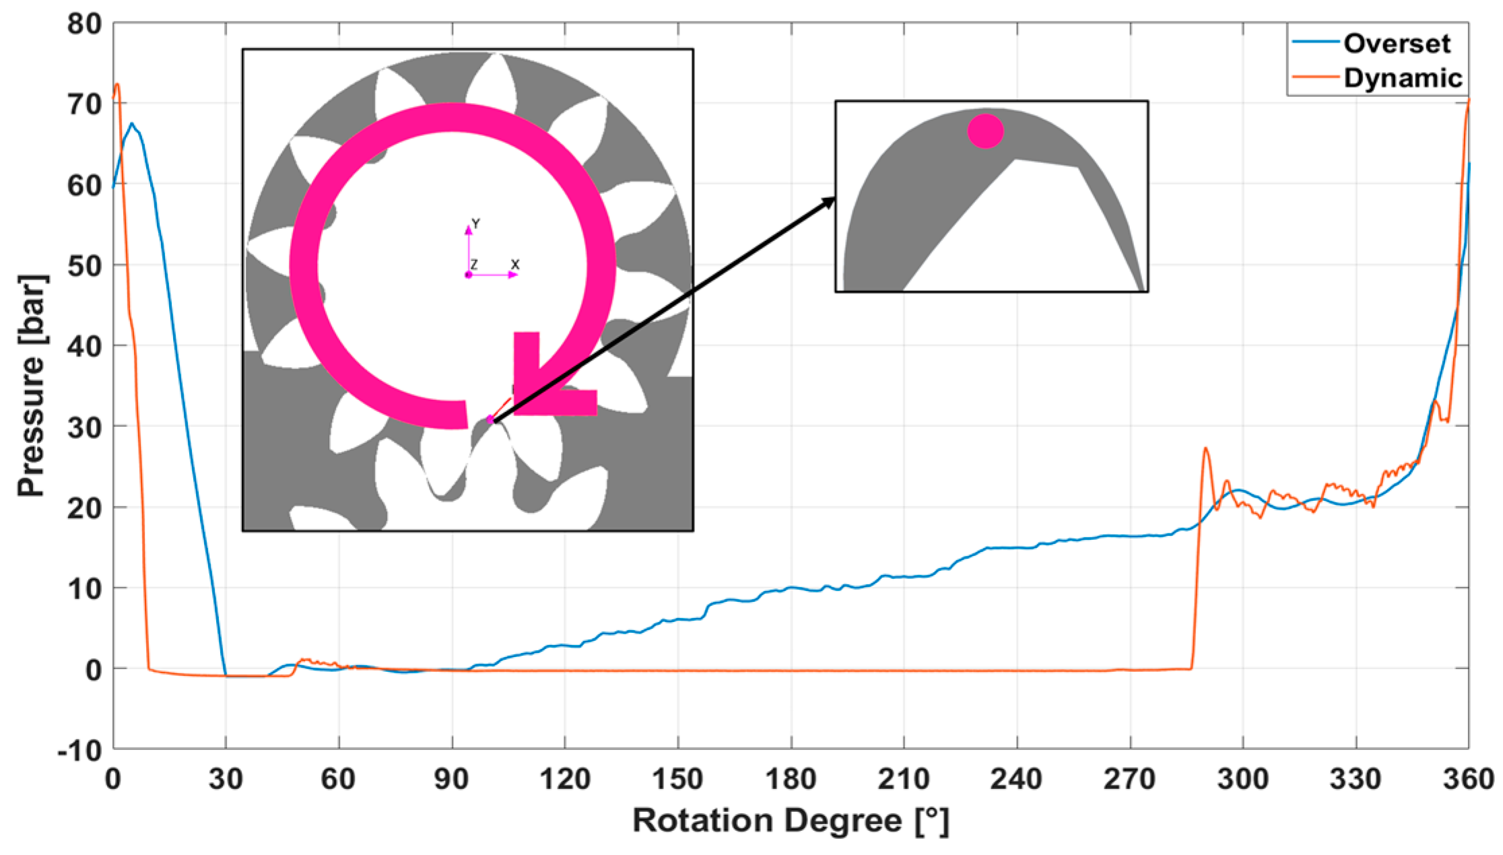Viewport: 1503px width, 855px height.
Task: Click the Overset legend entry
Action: [x=1396, y=44]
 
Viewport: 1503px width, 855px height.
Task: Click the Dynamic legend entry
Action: [x=1402, y=78]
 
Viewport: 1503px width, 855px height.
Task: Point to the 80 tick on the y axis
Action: [x=84, y=24]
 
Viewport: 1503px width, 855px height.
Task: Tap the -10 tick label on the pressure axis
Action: [x=79, y=750]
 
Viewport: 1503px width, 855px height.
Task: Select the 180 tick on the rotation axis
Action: [x=791, y=779]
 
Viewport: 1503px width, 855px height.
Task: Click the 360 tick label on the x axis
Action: [x=1468, y=779]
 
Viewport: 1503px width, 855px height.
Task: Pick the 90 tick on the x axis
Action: [x=451, y=779]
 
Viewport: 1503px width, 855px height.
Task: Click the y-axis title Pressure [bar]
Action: [x=31, y=386]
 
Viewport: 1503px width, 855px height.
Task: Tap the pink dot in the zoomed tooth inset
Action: [x=985, y=131]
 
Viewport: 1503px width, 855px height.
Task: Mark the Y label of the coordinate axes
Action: [x=475, y=224]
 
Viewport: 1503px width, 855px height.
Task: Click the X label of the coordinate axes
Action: [x=515, y=265]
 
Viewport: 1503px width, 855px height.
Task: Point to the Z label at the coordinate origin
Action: [x=474, y=265]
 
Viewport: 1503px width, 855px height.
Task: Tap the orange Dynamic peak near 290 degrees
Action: [x=1205, y=448]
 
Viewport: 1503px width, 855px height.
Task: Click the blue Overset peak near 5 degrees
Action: [x=132, y=123]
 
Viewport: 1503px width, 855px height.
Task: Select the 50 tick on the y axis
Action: [x=84, y=265]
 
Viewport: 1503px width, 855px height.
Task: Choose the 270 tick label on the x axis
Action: [x=1129, y=779]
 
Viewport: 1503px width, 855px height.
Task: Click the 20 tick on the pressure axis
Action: [x=84, y=508]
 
